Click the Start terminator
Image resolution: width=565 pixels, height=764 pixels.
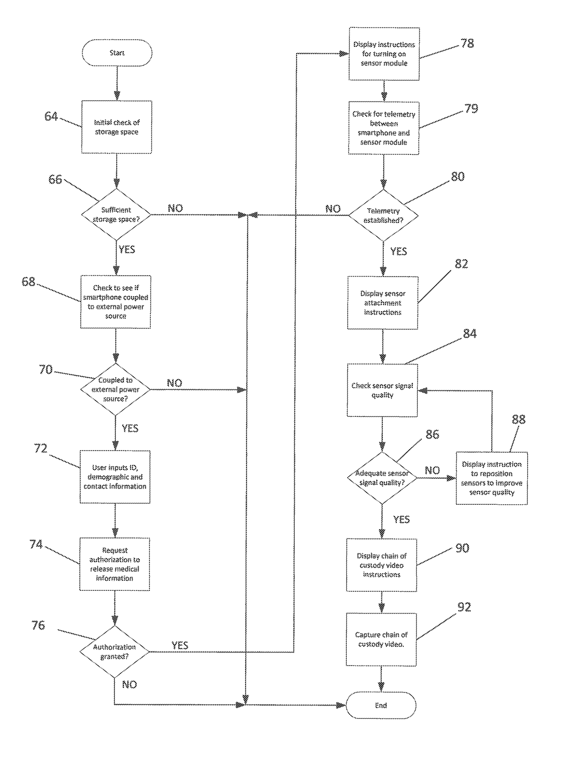(x=117, y=53)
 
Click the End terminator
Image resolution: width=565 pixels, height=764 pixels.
(x=381, y=705)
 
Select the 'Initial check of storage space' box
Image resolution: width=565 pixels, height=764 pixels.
(x=117, y=127)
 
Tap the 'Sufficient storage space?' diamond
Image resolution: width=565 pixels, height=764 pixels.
(x=116, y=214)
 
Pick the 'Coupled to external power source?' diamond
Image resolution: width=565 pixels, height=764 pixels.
(x=115, y=389)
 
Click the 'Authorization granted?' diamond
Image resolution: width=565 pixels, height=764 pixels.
(x=114, y=651)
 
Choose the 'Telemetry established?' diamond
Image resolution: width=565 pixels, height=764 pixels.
(x=384, y=215)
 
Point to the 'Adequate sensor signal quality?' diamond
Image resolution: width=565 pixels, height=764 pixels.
(x=382, y=478)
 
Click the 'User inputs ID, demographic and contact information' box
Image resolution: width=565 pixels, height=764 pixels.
(x=115, y=477)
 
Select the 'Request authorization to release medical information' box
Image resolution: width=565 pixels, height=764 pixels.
(x=115, y=564)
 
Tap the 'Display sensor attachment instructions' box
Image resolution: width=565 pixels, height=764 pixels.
(x=383, y=303)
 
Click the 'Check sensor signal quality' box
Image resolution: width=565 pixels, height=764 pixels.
(x=382, y=390)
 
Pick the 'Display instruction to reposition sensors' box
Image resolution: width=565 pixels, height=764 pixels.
(x=492, y=478)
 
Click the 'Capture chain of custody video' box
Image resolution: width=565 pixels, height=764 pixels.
(x=381, y=639)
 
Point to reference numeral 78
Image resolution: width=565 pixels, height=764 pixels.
(x=467, y=43)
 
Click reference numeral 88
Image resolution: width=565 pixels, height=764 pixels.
(x=519, y=419)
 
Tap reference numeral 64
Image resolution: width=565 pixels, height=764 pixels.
(x=51, y=116)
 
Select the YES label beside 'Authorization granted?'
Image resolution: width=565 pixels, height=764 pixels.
(x=180, y=645)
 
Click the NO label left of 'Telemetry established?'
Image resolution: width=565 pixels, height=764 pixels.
(x=333, y=209)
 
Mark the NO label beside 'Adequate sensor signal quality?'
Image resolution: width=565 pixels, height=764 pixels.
(x=432, y=470)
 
